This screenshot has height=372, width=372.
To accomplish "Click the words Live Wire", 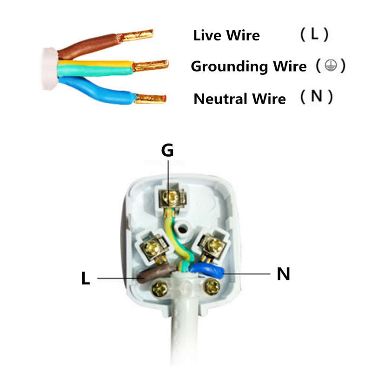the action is (226, 35).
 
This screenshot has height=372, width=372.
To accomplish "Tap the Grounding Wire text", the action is (249, 66).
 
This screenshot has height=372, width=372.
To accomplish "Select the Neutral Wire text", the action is (239, 99).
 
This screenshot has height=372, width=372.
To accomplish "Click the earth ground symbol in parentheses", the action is (331, 65).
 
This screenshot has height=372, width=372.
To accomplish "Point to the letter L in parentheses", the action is (314, 34).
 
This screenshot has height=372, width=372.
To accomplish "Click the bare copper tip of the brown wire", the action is (136, 36).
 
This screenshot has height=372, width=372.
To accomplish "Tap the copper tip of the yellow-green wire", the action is (151, 65).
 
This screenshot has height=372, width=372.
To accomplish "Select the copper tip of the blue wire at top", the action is (150, 99).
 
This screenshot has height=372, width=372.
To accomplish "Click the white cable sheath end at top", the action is (50, 69).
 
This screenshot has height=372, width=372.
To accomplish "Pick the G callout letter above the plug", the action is (167, 150).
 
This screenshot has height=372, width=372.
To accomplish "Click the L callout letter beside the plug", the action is (86, 278).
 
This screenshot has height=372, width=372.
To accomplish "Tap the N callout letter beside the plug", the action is (283, 274).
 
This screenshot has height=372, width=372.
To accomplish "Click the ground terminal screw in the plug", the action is (172, 197).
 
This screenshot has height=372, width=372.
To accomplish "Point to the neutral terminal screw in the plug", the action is (214, 245).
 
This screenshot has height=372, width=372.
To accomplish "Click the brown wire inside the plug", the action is (157, 273).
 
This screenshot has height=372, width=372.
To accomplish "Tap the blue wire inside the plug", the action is (207, 271).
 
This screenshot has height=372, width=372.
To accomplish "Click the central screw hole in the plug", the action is (182, 229).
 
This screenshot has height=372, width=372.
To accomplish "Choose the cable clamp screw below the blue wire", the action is (212, 286).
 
